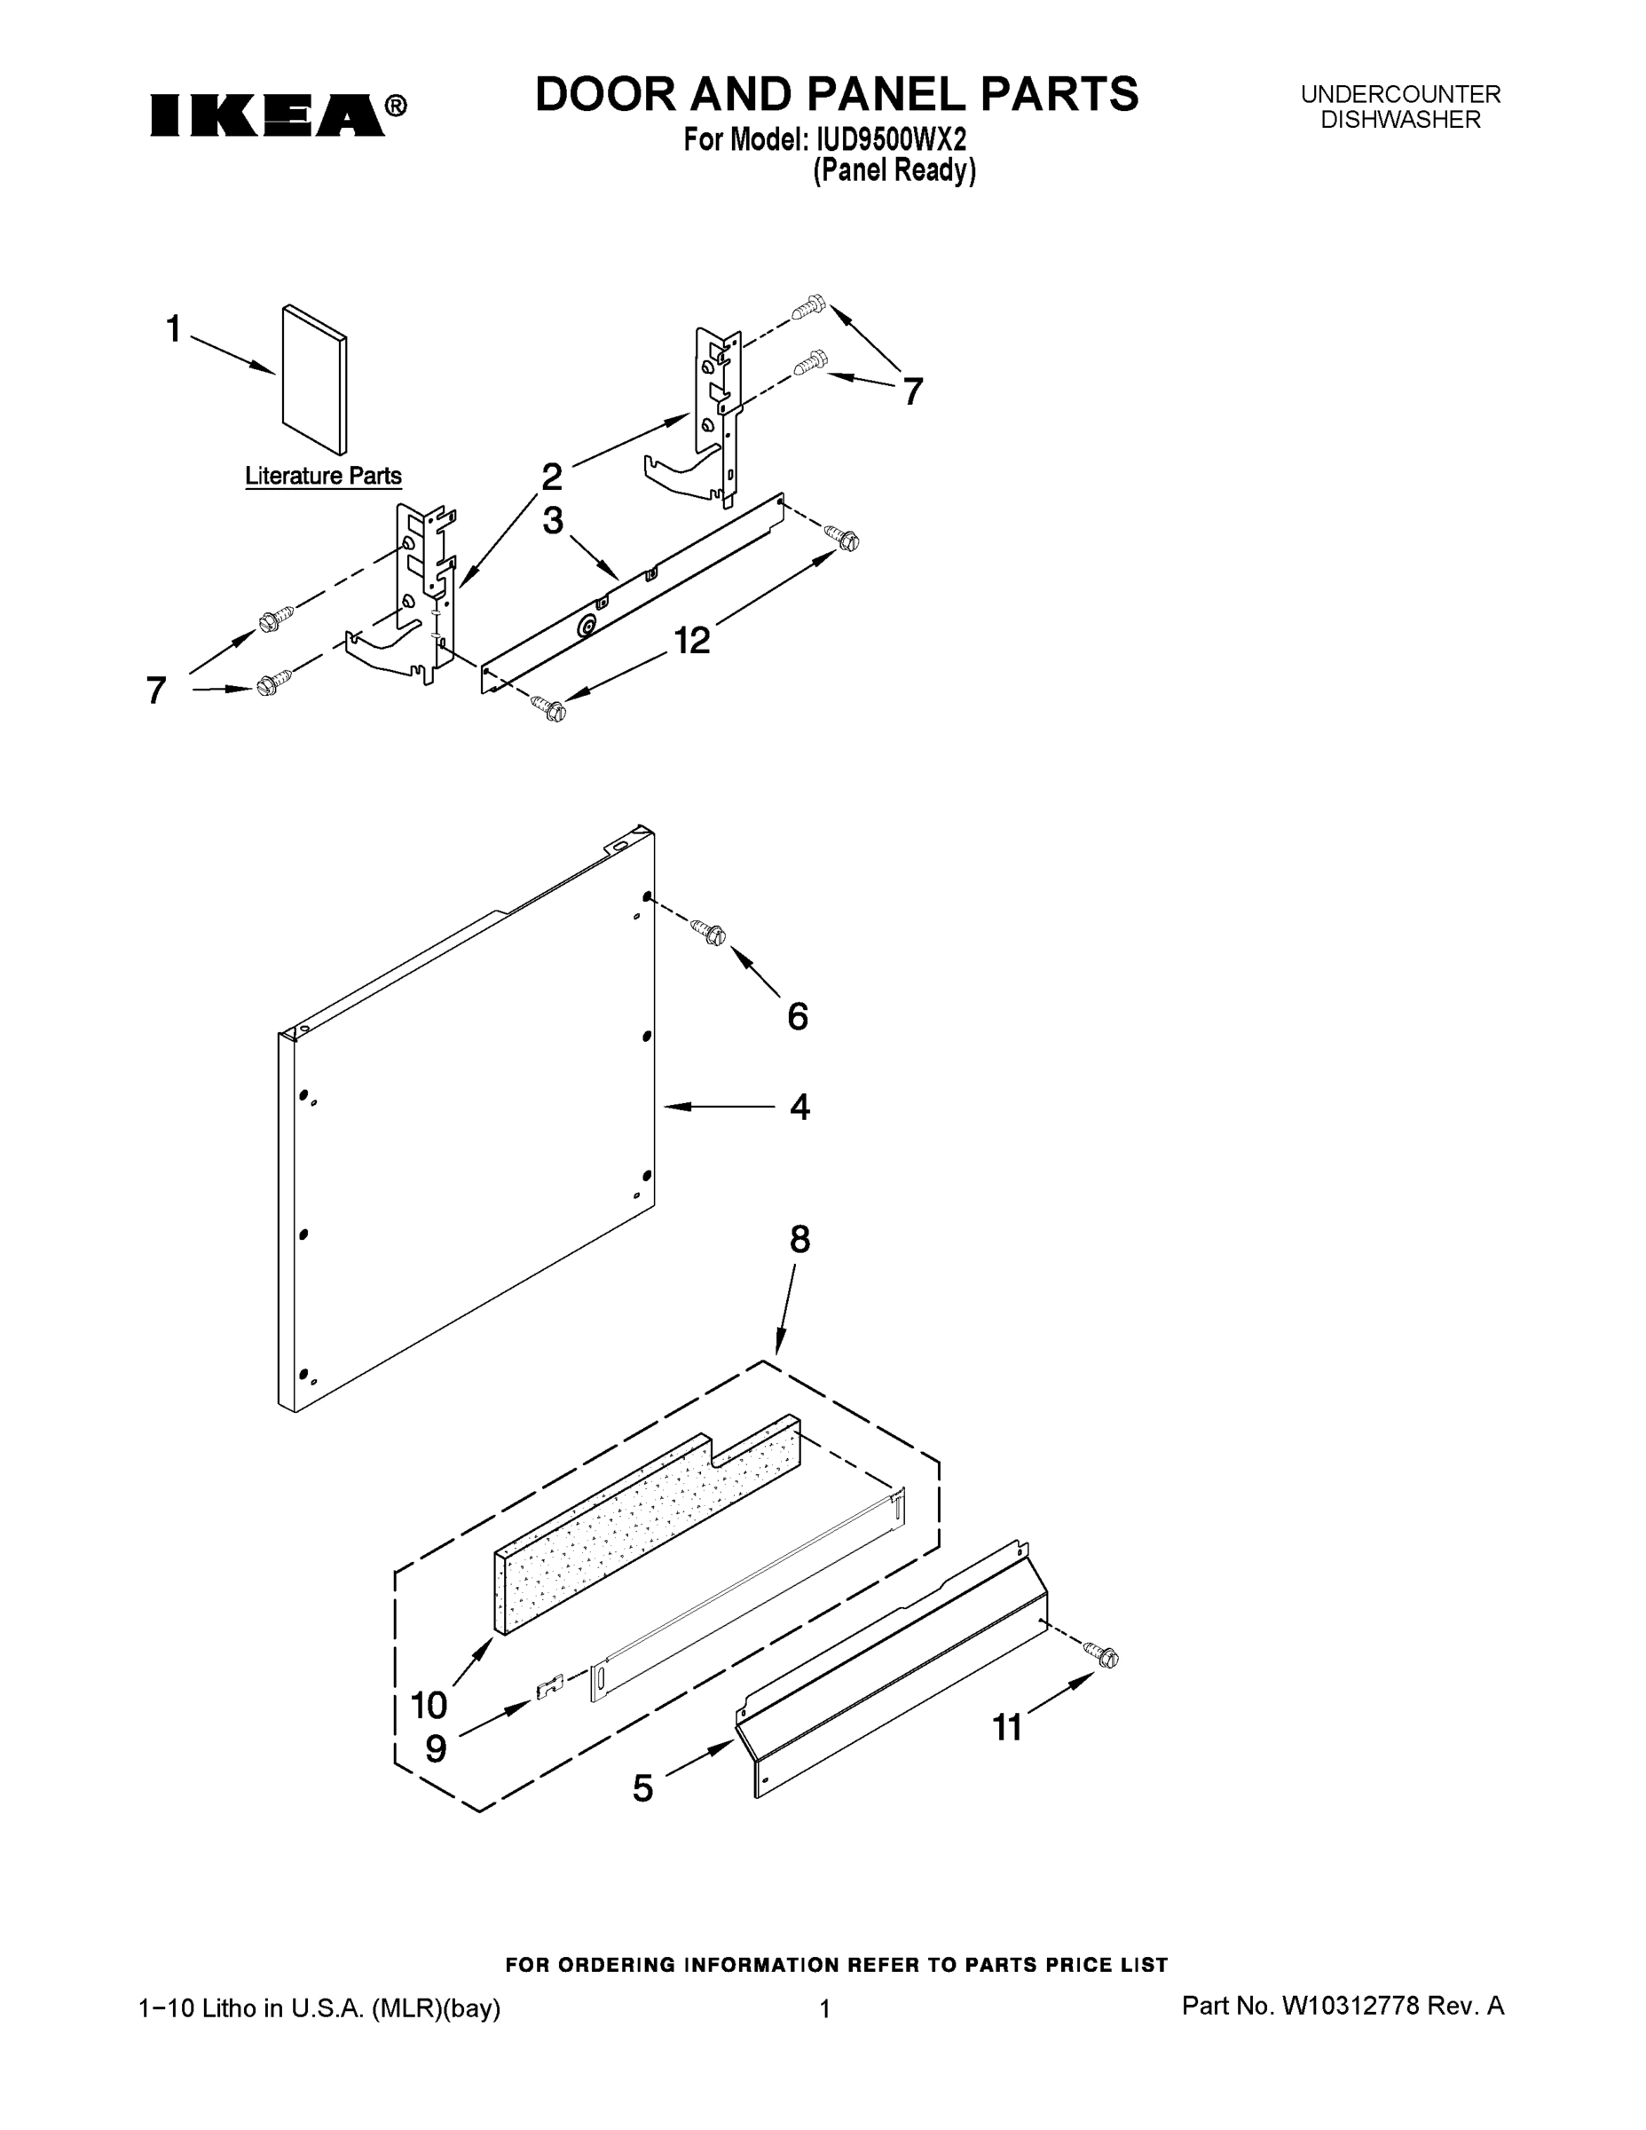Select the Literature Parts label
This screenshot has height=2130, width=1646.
323,476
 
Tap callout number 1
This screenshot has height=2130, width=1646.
174,329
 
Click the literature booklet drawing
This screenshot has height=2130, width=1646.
314,381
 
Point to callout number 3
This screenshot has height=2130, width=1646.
553,521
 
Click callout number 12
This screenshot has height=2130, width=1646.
691,641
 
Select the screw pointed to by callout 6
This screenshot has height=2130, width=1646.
709,931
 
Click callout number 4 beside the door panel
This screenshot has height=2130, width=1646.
799,1107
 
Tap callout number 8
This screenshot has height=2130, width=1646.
799,1240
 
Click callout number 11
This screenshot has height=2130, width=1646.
1007,1728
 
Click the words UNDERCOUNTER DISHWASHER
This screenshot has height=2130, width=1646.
1400,107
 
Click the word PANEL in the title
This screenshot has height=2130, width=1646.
886,95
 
